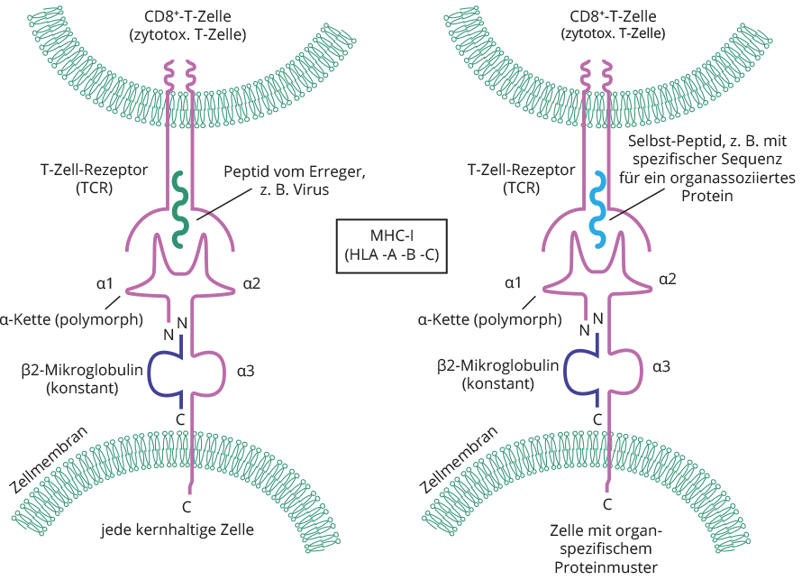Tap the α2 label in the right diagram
pyautogui.click(x=668, y=280)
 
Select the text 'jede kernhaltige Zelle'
pyautogui.click(x=178, y=529)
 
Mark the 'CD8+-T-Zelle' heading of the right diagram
pyautogui.click(x=613, y=17)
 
